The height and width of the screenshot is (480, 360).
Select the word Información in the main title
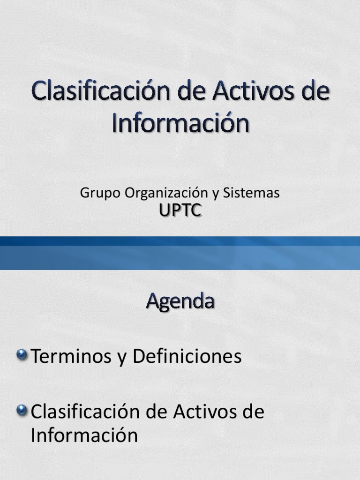tap(180, 123)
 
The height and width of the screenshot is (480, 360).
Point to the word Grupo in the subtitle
tap(97, 193)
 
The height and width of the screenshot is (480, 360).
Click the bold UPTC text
tap(180, 211)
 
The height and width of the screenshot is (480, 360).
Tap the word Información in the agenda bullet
tap(84, 435)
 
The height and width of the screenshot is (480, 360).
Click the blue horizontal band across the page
tap(180, 253)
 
